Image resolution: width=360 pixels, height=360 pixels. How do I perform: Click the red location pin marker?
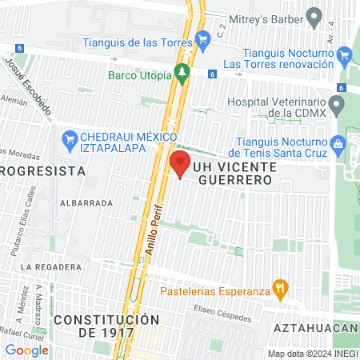(x=178, y=166)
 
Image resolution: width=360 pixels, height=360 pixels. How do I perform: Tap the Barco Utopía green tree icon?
(x=183, y=74)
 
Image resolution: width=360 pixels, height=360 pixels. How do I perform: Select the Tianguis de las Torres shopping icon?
(x=203, y=36)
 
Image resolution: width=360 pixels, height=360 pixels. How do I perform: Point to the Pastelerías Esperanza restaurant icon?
(x=279, y=286)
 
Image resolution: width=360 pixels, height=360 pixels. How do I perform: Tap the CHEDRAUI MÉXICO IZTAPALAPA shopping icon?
(x=70, y=139)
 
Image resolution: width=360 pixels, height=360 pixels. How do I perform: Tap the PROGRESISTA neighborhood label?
(x=42, y=170)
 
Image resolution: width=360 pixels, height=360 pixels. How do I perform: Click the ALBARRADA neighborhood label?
(x=90, y=203)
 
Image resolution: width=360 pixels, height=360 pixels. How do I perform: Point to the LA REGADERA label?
(x=51, y=266)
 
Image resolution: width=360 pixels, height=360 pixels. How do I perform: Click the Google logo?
(x=26, y=350)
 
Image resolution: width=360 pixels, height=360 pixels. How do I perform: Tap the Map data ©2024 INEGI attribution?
(x=312, y=353)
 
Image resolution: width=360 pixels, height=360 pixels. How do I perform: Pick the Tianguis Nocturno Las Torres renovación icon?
(x=345, y=54)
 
